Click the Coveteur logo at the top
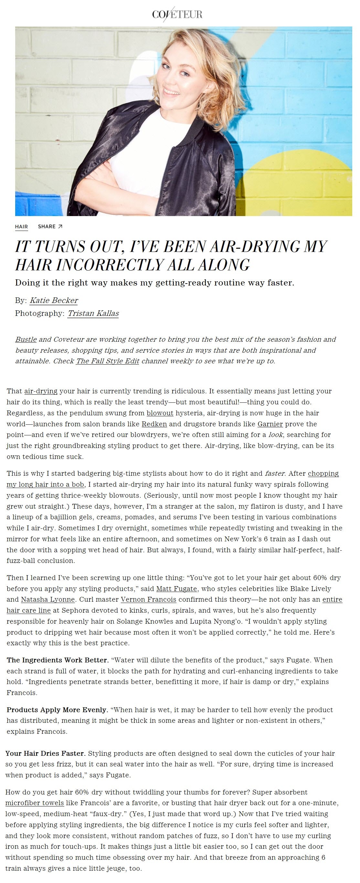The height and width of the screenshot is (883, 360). click(177, 14)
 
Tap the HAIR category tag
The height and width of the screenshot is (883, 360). click(21, 227)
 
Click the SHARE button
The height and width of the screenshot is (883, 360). click(50, 227)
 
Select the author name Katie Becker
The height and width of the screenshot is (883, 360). click(54, 301)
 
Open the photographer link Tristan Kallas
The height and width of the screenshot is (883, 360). click(93, 313)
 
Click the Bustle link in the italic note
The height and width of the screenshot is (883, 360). click(26, 339)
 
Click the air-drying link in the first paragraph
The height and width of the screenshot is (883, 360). click(41, 391)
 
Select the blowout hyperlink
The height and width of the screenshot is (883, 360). click(160, 413)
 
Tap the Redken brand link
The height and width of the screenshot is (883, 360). click(154, 424)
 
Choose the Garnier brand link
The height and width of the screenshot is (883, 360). click(270, 424)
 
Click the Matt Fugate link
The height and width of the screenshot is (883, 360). click(176, 589)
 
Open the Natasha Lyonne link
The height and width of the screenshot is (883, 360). click(48, 599)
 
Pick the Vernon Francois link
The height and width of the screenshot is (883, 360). click(148, 599)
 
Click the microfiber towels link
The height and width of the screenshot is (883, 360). click(35, 803)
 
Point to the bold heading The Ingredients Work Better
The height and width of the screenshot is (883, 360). click(58, 660)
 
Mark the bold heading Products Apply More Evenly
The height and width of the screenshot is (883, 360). click(57, 710)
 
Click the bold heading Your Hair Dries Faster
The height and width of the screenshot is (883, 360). click(46, 753)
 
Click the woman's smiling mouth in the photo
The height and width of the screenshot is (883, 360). click(171, 92)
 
